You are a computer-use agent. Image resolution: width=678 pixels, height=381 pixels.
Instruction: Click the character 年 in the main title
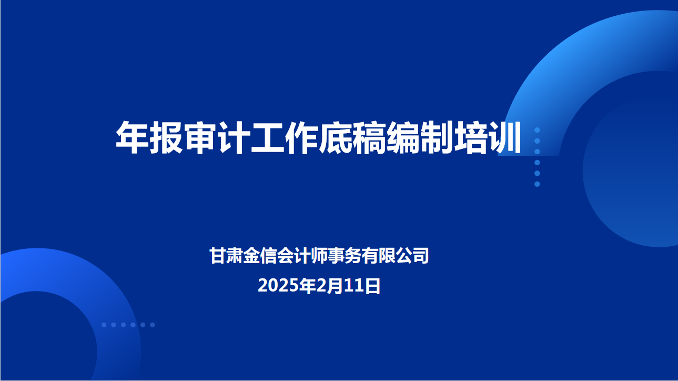(133, 137)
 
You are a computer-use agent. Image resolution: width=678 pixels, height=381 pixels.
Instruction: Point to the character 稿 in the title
(369, 137)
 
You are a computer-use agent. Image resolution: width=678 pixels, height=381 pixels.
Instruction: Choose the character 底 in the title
(336, 137)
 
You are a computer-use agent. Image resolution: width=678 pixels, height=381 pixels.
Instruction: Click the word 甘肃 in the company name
(226, 256)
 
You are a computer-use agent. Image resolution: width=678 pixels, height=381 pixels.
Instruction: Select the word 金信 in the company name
(260, 256)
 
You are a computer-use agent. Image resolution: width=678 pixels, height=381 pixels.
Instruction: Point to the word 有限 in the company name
(378, 256)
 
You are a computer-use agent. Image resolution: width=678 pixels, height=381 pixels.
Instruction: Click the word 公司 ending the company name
(412, 256)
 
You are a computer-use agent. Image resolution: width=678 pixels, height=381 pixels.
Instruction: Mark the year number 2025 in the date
(278, 286)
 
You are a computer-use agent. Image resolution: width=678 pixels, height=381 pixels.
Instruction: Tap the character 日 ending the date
(372, 286)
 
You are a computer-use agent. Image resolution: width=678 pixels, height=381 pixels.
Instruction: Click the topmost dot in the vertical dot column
(537, 130)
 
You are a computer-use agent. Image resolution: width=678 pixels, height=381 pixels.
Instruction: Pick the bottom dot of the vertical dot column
(537, 184)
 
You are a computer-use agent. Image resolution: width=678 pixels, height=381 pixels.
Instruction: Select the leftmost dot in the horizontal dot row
(104, 325)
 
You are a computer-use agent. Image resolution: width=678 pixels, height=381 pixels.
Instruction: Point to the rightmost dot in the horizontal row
(153, 325)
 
